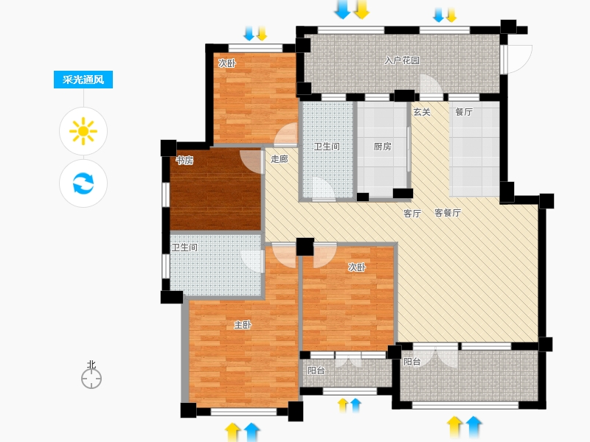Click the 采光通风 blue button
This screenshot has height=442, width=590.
(x=83, y=80)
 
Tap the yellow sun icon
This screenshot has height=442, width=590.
(x=83, y=131)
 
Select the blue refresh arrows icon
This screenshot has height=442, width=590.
(x=83, y=183)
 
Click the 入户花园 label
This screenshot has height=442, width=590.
(x=402, y=60)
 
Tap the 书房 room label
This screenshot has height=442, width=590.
(x=185, y=161)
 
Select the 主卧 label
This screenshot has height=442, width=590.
(x=243, y=325)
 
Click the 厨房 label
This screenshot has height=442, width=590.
(x=382, y=147)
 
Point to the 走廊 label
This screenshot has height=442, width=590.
(x=280, y=159)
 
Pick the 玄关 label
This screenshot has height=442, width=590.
(x=422, y=112)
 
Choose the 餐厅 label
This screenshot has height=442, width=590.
(x=464, y=112)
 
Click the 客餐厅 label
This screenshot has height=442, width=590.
(x=448, y=213)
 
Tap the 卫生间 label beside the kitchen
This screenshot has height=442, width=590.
(x=327, y=147)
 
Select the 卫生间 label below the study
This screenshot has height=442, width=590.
(x=184, y=248)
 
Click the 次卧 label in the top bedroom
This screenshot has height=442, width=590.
(x=227, y=63)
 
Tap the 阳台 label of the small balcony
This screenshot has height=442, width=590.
(x=316, y=371)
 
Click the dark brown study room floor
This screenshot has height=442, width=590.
(x=215, y=189)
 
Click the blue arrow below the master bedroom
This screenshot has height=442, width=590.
(x=251, y=432)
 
